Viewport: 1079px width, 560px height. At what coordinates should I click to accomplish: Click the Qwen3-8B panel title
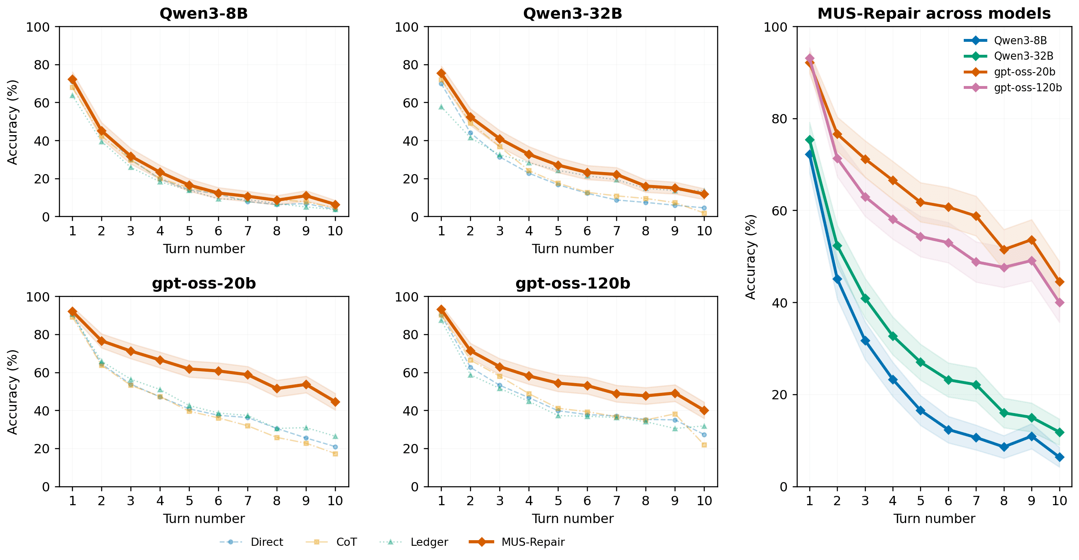point(204,13)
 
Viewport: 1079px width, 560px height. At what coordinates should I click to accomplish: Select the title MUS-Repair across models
point(934,13)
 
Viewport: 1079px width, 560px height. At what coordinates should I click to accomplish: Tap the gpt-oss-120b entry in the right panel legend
point(1027,88)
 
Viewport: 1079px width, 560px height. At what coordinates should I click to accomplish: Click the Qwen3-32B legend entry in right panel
point(1023,56)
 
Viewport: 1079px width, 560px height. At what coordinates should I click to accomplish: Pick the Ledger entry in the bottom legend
point(429,542)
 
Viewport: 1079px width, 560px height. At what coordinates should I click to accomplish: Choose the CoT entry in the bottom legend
point(346,542)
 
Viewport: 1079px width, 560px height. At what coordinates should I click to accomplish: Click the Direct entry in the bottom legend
point(266,542)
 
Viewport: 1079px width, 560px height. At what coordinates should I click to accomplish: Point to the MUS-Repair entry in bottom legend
point(533,542)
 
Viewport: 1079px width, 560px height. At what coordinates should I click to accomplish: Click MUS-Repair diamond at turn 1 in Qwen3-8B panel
point(73,79)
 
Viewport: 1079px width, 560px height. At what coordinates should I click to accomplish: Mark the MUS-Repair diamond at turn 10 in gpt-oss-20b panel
point(335,402)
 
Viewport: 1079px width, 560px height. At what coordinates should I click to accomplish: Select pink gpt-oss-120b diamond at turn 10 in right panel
point(1059,302)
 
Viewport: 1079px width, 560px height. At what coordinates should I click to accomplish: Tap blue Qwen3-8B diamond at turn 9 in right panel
point(1031,437)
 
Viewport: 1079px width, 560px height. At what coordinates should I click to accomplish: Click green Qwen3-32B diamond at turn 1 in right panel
point(810,140)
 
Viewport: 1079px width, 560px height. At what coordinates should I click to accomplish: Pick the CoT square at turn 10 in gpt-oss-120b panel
point(704,445)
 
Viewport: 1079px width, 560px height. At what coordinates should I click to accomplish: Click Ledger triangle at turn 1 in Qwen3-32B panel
point(441,107)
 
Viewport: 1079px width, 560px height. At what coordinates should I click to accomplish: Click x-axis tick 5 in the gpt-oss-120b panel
point(558,500)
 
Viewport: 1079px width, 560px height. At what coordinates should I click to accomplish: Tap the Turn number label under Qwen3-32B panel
point(573,249)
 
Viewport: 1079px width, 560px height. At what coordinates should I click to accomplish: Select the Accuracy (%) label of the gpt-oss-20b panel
point(13,392)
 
